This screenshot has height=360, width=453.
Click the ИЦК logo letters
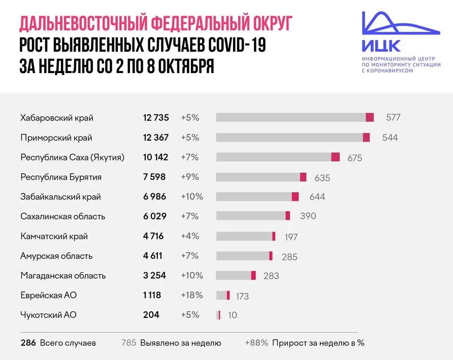tap(381, 46)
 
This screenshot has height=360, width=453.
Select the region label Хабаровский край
tap(57, 118)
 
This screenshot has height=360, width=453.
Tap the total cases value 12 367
tap(155, 138)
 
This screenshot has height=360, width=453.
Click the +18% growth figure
tap(192, 295)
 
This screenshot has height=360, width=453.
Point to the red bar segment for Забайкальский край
tap(295, 197)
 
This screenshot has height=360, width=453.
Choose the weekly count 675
tap(354, 158)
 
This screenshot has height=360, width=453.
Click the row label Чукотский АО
tap(48, 315)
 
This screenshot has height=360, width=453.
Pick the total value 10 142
tap(155, 157)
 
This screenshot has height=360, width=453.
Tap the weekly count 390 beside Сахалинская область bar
tap(308, 216)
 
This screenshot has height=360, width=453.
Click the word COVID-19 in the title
tap(237, 45)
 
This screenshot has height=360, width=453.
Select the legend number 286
tap(28, 343)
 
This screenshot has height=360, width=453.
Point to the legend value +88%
tap(256, 343)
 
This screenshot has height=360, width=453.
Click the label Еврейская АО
tap(48, 295)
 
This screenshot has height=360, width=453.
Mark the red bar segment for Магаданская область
tap(253, 275)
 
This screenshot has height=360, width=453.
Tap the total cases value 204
tap(151, 315)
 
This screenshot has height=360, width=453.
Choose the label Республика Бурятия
tap(61, 177)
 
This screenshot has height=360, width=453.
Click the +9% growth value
tap(190, 177)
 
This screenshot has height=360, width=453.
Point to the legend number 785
tap(129, 343)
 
